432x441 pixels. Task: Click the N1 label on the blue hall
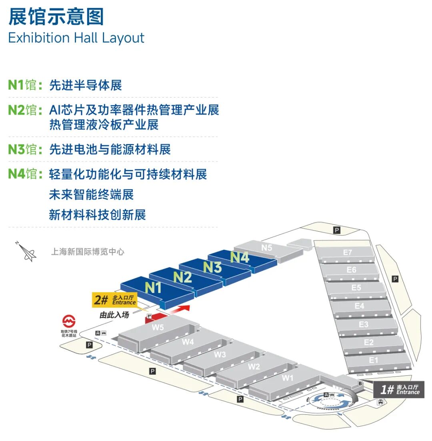(153, 288)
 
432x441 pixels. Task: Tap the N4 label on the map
(240, 257)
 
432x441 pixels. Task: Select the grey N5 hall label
(267, 248)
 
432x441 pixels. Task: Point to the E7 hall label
(347, 252)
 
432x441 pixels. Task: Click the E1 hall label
(374, 360)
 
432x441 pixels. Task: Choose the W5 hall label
(158, 327)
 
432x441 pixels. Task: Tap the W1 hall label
(288, 378)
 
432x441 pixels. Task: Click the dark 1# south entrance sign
(399, 389)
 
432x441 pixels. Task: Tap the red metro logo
(69, 321)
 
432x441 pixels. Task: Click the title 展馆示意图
(56, 17)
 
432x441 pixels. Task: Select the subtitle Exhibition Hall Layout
(76, 38)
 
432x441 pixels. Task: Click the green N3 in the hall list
(16, 149)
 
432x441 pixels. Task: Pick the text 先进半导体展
(86, 85)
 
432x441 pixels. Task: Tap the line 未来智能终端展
(91, 194)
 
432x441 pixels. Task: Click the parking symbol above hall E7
(337, 231)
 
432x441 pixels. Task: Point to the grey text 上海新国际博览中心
(88, 251)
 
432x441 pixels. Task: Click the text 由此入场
(114, 315)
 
